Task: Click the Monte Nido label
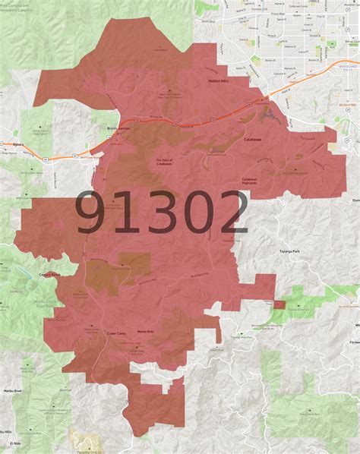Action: pos(146,333)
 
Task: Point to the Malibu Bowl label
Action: pos(11,385)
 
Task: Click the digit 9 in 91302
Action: pos(91,213)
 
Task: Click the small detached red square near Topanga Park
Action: pos(279,304)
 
